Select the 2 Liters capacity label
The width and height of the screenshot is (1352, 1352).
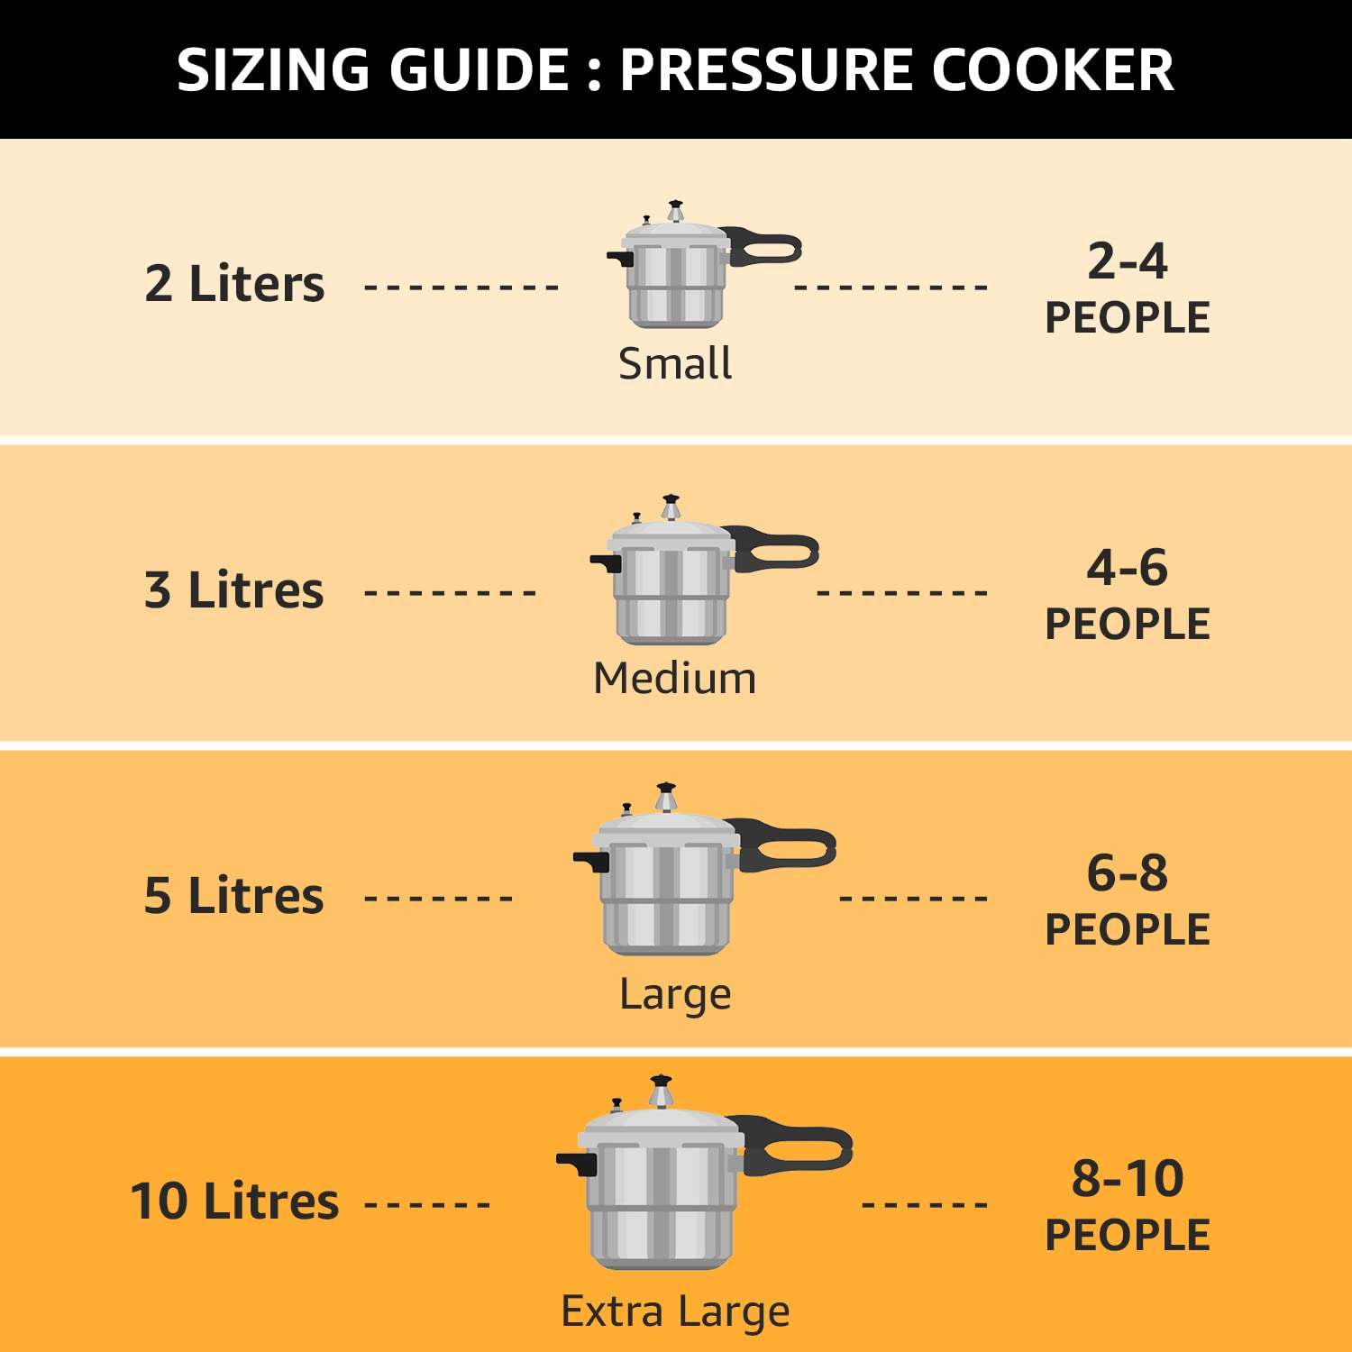coord(234,284)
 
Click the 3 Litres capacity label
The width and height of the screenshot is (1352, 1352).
coord(233,590)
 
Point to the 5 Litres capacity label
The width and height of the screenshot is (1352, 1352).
coord(233,896)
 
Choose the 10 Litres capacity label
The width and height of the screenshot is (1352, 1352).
coord(234,1201)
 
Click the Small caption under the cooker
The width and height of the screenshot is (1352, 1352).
coord(675,364)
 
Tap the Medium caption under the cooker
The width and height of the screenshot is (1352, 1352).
coord(675,678)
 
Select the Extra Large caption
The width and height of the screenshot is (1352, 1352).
coord(675,1311)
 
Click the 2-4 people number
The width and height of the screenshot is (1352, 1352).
coord(1127,261)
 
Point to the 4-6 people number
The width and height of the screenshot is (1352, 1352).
coord(1127,568)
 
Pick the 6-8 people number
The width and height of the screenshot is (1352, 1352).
coord(1127,873)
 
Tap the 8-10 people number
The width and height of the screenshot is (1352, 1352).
coord(1127,1179)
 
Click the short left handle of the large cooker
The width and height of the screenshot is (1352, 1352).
coord(591,861)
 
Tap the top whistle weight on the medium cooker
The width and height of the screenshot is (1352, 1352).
coord(671,507)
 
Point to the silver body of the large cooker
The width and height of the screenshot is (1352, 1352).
coord(667,901)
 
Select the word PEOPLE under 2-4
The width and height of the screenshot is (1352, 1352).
coord(1127,318)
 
